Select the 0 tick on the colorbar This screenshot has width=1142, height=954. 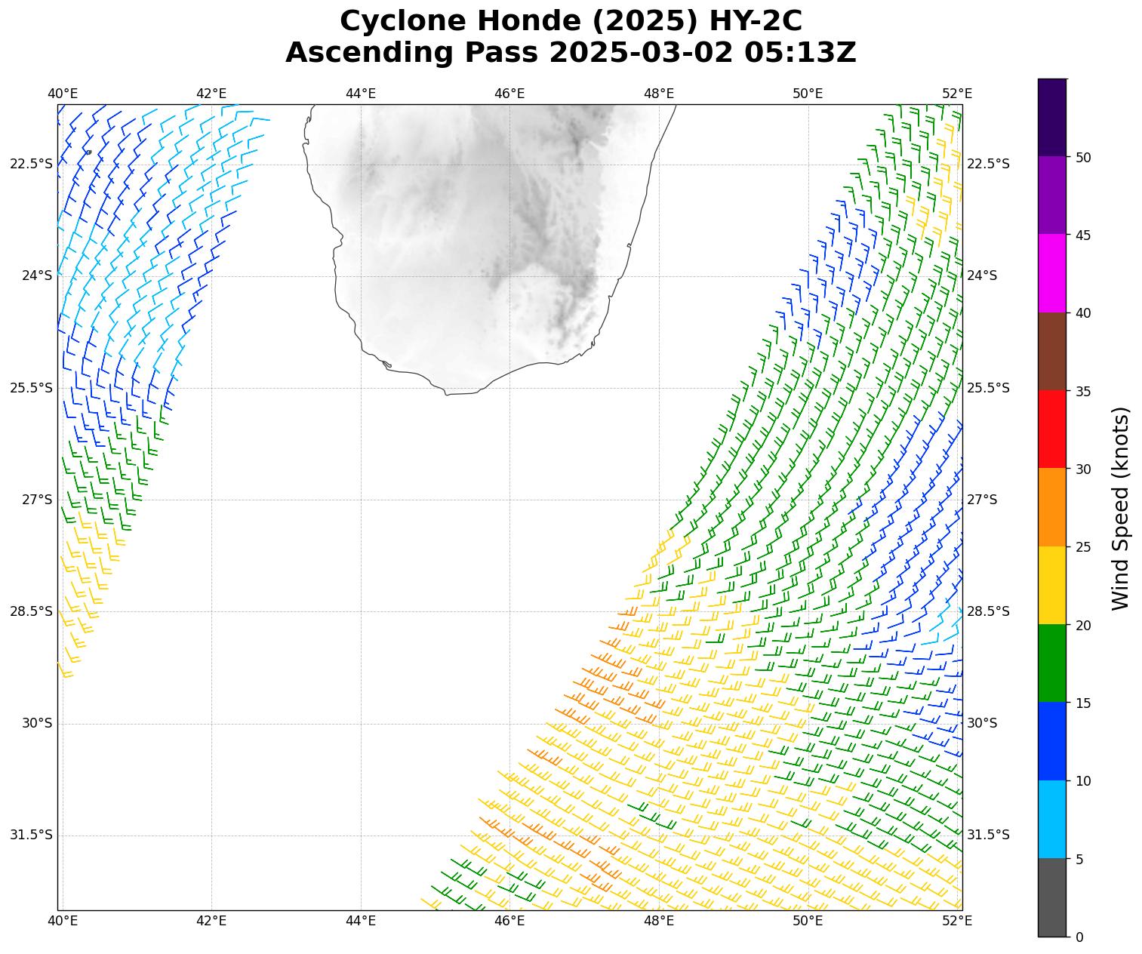coord(1079,937)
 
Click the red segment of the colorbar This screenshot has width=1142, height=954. coord(1052,429)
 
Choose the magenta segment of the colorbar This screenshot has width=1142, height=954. coord(1052,273)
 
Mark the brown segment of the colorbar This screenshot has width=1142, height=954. coord(1052,351)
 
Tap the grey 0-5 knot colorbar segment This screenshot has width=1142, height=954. coord(1052,897)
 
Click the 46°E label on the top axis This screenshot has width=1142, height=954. coord(509,94)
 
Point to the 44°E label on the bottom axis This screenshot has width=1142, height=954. coord(361,920)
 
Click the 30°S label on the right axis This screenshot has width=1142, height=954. coord(982,723)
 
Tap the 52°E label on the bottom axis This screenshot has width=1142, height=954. coord(957,920)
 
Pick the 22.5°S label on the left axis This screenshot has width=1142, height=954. coord(32,165)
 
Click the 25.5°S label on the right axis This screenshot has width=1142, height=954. coord(988,388)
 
